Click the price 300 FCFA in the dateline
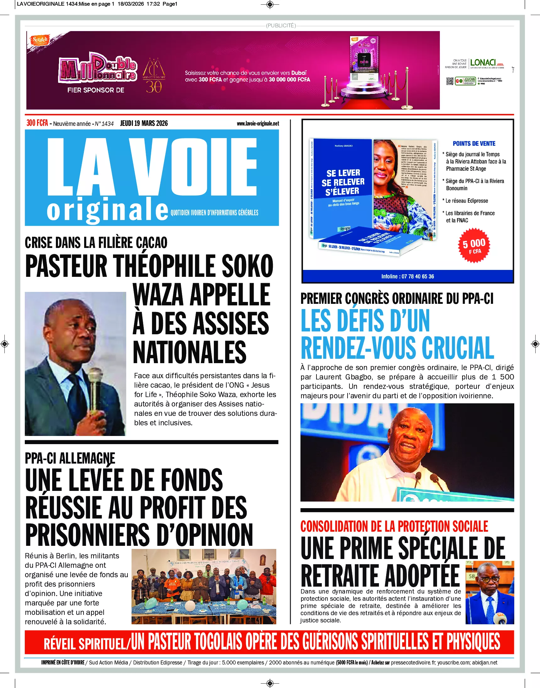37,123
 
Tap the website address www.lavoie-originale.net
258,124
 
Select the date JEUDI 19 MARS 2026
144,123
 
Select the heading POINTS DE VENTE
474,143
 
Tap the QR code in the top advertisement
450,81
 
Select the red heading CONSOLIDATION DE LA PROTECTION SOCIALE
394,526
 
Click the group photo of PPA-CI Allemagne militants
204,587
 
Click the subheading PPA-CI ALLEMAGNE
70,459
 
